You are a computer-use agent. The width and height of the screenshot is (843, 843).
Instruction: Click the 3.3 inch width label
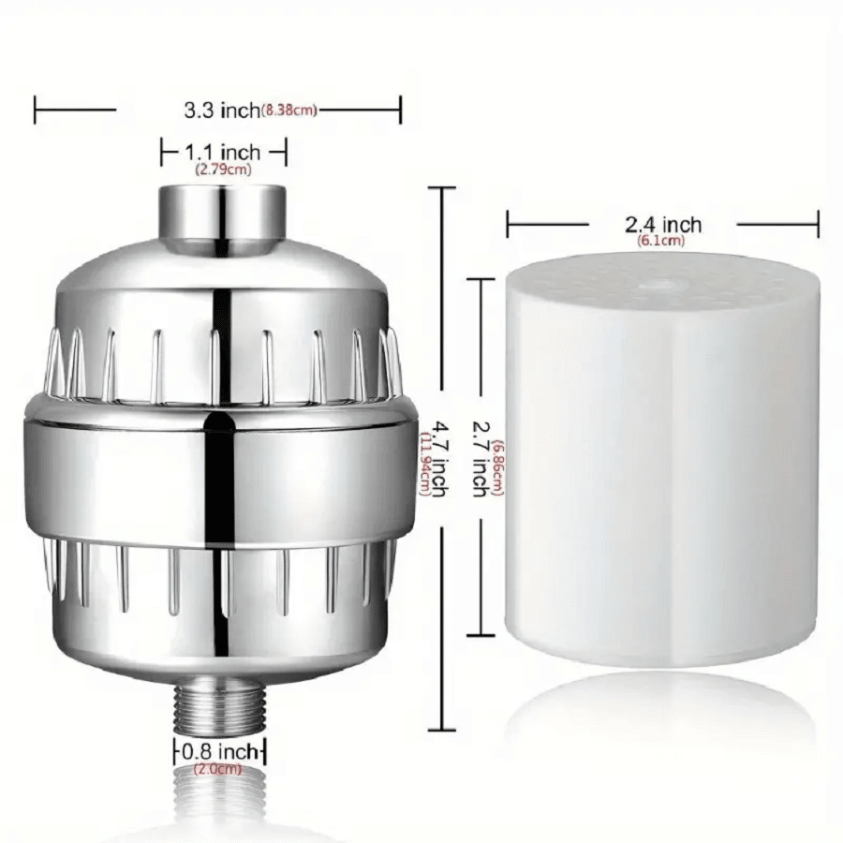pos(221,111)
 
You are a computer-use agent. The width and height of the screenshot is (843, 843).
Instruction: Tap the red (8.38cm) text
pos(288,111)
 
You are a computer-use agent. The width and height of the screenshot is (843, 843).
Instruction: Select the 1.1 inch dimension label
pos(222,150)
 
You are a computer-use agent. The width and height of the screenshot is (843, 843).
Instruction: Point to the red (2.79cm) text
pos(223,170)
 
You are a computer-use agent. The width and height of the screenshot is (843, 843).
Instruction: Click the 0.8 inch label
pos(220,751)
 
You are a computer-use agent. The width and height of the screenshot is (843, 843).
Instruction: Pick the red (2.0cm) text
pos(217,769)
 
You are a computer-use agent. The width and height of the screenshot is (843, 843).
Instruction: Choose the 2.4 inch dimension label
pos(663,225)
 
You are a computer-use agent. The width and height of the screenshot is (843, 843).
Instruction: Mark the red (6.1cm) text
pos(661,242)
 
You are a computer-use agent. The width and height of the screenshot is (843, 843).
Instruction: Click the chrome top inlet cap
pos(221,214)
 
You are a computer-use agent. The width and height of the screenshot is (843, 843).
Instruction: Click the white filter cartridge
pos(661,468)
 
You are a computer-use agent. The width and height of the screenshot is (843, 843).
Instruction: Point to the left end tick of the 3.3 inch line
pos(35,110)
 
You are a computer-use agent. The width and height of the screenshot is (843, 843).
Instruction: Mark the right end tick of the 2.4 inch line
pos(818,225)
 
